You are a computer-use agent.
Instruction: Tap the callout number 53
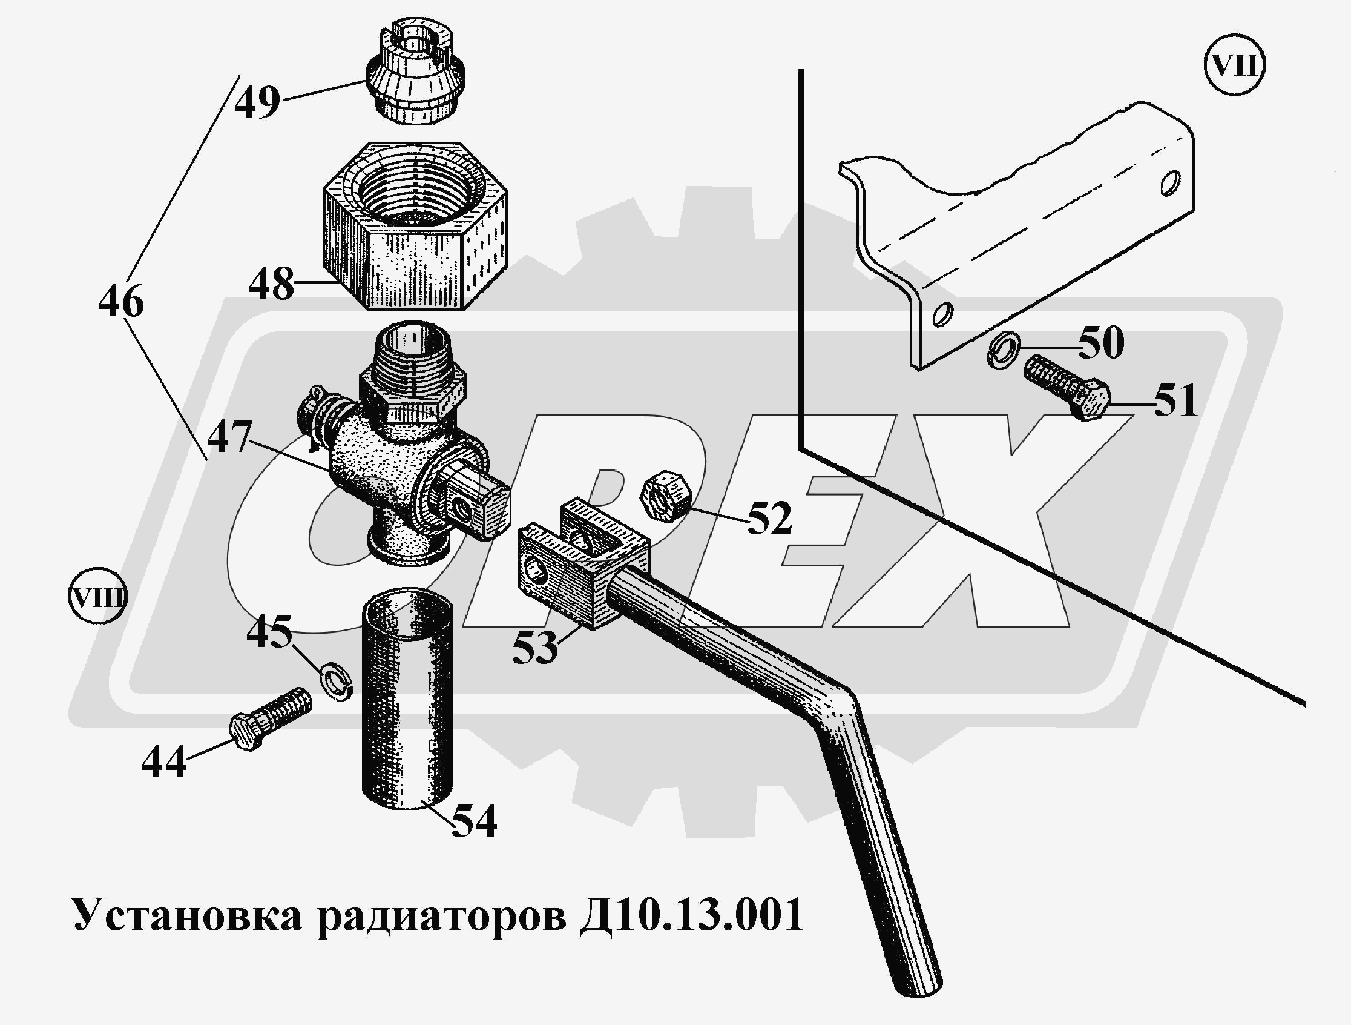pos(535,648)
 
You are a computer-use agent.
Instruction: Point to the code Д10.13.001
pos(691,915)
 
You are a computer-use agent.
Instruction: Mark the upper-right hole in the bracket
pos(1169,184)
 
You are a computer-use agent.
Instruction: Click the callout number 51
pos(1175,401)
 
